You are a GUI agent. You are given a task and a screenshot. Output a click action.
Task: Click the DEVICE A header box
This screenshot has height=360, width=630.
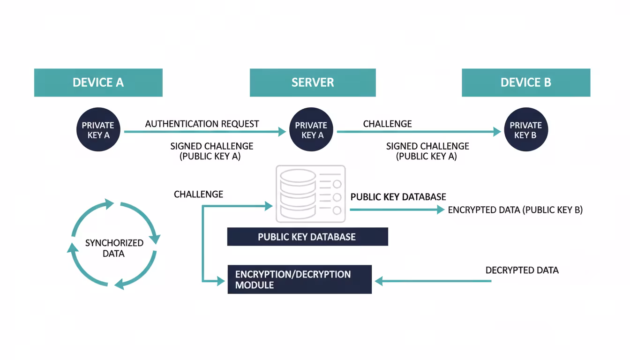[x=98, y=82]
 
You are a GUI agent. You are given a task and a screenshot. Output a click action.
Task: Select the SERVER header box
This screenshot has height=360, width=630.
[x=313, y=82]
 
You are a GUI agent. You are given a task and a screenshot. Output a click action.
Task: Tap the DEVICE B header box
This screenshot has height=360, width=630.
[x=526, y=82]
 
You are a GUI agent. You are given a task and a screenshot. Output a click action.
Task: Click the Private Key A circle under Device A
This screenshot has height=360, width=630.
[x=98, y=130]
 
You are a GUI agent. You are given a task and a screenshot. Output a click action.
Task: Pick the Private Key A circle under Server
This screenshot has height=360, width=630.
[x=311, y=130]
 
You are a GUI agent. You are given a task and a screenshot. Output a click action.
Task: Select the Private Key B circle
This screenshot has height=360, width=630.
[x=525, y=130]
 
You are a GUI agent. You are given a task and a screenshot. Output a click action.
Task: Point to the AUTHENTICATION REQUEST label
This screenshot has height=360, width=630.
[x=202, y=124]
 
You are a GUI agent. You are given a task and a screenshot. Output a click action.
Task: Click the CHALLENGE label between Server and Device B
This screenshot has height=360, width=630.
[x=387, y=124]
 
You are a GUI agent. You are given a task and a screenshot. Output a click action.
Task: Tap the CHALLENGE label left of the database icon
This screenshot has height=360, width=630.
[x=198, y=194]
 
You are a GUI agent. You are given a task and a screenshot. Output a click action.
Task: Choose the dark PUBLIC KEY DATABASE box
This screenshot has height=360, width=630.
[x=307, y=237]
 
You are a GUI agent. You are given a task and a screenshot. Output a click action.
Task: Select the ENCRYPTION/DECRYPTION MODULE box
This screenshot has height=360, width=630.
[x=300, y=279]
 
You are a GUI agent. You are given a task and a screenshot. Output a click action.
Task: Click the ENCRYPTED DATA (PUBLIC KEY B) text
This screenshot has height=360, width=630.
[x=515, y=210]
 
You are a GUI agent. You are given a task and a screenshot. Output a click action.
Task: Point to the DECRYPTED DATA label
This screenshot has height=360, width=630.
[x=522, y=270]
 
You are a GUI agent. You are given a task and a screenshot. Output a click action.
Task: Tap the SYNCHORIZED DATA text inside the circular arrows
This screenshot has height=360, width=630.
[x=114, y=248]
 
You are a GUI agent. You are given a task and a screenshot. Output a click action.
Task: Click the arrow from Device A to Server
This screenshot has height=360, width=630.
[x=205, y=132]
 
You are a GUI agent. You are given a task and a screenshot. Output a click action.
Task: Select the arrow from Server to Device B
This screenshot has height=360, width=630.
[x=419, y=132]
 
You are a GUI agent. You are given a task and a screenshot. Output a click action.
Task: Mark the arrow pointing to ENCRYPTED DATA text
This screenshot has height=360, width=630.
[x=397, y=210]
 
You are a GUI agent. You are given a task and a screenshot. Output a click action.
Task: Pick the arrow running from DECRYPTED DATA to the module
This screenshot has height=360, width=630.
[x=433, y=281]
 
